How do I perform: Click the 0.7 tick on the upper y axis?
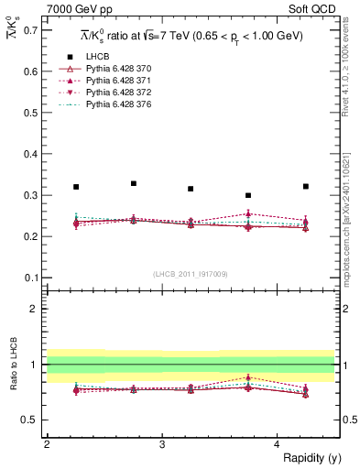click(x=31, y=30)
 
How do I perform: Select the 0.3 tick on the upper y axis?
click(x=31, y=195)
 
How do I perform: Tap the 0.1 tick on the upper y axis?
click(x=31, y=278)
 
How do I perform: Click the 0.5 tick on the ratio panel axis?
click(x=31, y=420)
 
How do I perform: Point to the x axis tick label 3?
click(x=162, y=444)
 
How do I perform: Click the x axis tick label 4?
click(x=278, y=444)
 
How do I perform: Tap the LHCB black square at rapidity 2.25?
click(x=76, y=187)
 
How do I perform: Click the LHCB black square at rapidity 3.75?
click(x=248, y=195)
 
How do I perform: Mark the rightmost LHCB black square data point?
click(x=306, y=186)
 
